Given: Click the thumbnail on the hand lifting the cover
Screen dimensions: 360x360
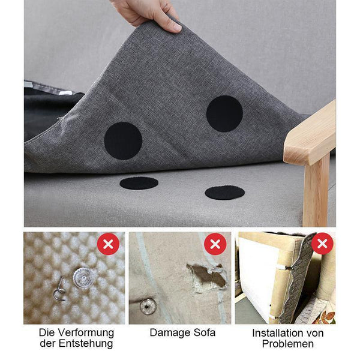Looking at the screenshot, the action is (x=176, y=28).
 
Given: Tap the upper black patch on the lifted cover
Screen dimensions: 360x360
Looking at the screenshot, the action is (x=224, y=113).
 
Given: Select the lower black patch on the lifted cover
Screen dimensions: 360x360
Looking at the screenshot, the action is (x=123, y=141).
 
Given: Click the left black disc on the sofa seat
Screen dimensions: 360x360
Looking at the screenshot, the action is (x=139, y=183).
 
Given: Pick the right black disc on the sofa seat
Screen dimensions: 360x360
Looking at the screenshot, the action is (x=225, y=193).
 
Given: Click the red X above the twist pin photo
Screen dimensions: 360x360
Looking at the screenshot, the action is (x=108, y=244).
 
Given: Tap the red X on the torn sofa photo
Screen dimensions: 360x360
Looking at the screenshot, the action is (x=215, y=244).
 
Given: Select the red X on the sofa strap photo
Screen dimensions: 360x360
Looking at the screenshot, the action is (x=322, y=244).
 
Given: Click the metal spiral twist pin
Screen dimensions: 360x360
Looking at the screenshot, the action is (x=59, y=290).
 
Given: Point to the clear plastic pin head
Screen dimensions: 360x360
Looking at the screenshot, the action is (x=82, y=278).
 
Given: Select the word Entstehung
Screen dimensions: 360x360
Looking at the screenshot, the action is (x=86, y=344).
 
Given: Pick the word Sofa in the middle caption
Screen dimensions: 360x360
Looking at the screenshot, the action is (x=205, y=332).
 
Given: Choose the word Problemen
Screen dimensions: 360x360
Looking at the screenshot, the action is (x=287, y=344).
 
